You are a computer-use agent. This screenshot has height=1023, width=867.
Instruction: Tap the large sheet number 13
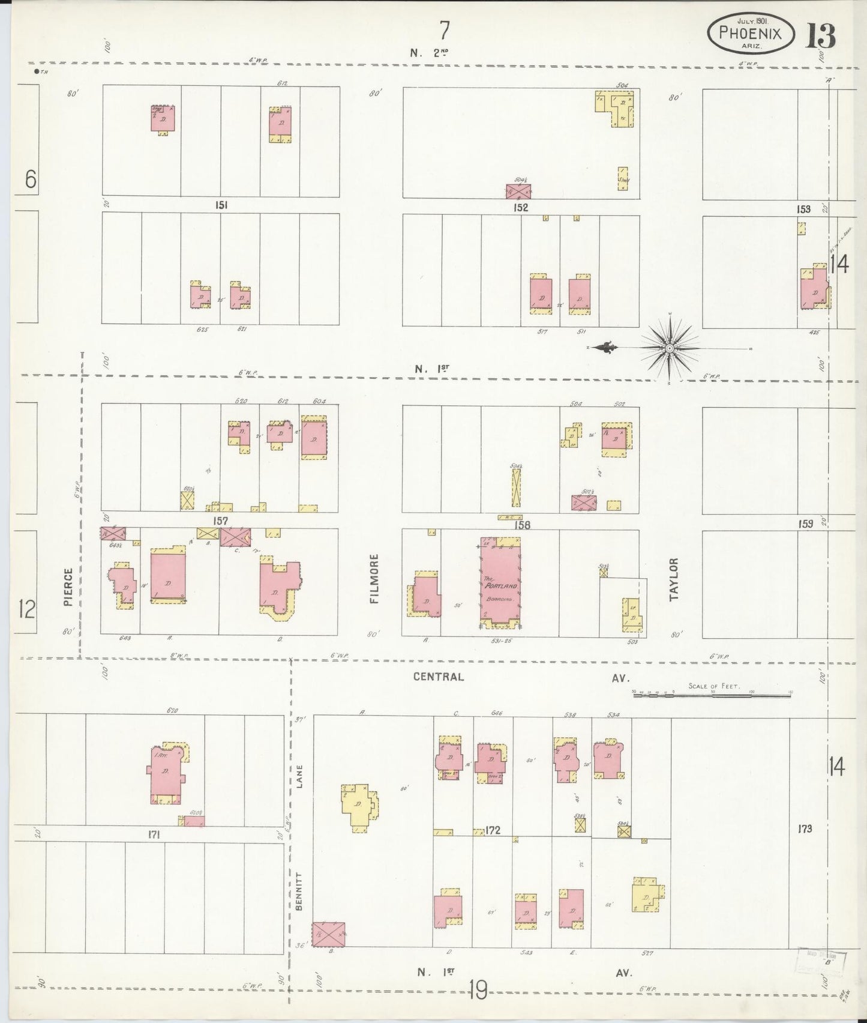820,36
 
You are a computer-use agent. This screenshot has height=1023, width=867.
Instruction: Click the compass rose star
669,348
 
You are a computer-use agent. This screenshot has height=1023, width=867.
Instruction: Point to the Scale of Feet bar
712,693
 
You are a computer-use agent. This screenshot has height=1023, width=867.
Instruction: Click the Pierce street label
68,587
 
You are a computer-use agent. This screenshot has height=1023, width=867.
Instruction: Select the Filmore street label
374,579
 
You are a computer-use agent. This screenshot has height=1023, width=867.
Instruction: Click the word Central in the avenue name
439,677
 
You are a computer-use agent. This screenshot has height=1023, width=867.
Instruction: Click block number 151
221,205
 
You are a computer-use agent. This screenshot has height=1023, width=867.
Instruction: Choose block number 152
520,207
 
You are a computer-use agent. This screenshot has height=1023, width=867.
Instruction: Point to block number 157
221,521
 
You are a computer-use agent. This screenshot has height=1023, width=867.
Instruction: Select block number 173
805,829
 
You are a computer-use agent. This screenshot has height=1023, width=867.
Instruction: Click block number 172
493,831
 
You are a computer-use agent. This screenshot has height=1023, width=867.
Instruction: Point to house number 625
202,329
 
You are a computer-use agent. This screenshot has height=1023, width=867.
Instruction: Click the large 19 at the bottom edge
478,990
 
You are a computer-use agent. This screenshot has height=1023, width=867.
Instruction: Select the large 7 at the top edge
444,28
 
